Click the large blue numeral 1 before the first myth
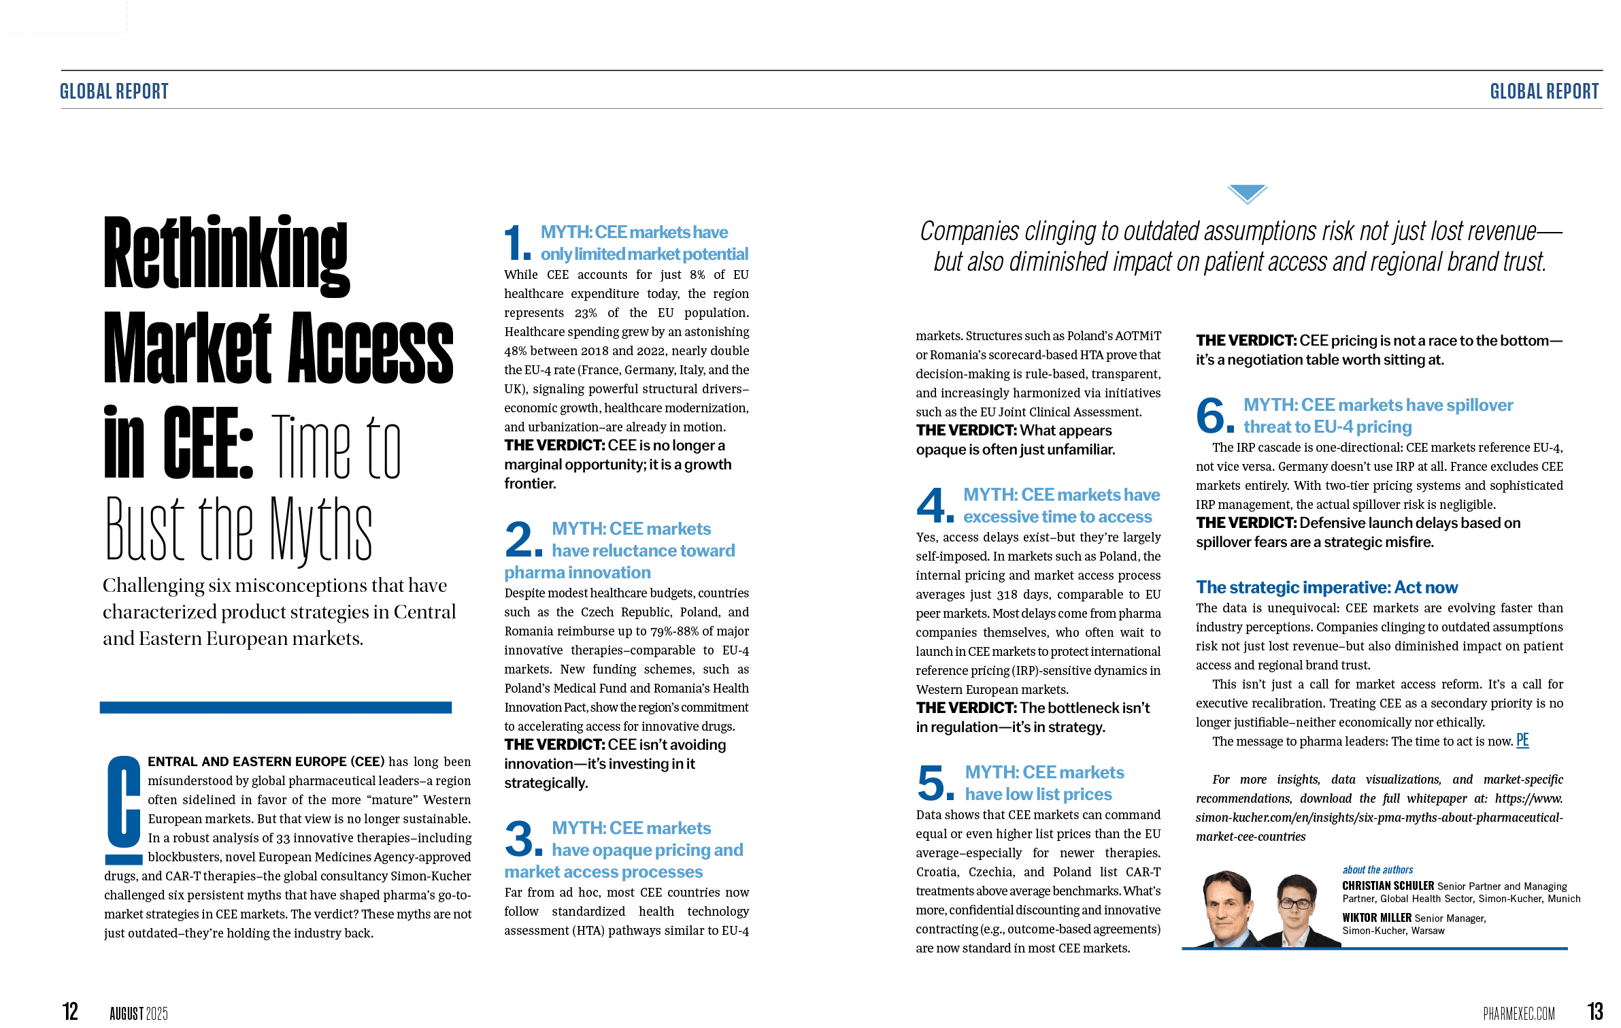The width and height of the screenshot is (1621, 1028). [516, 244]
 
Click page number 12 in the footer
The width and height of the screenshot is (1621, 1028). [70, 1011]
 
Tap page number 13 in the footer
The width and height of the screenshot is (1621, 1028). [1595, 1011]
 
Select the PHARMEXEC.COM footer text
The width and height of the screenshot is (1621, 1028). [1518, 1013]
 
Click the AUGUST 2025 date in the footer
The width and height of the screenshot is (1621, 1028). [139, 1014]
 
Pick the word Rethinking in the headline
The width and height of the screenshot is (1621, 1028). [227, 254]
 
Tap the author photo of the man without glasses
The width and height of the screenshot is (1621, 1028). [1227, 908]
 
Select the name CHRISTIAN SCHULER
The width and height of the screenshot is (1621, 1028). [1388, 886]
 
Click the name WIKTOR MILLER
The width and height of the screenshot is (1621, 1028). [1376, 918]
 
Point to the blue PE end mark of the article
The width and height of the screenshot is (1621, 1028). [1522, 741]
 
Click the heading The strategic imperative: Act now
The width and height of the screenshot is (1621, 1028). [1326, 587]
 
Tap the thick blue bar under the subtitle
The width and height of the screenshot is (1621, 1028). [275, 708]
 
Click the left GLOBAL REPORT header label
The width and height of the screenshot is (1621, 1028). [114, 91]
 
